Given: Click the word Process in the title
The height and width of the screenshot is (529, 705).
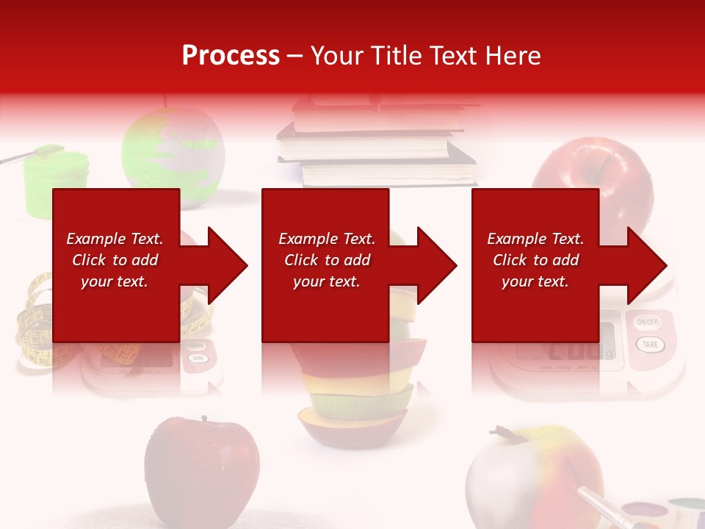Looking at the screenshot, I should [x=231, y=56].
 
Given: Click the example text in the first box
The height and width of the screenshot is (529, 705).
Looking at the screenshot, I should [x=115, y=260].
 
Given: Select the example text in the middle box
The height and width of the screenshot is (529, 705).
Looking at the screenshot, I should [x=326, y=260].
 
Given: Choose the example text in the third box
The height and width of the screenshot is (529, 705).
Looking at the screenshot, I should [x=535, y=260].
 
